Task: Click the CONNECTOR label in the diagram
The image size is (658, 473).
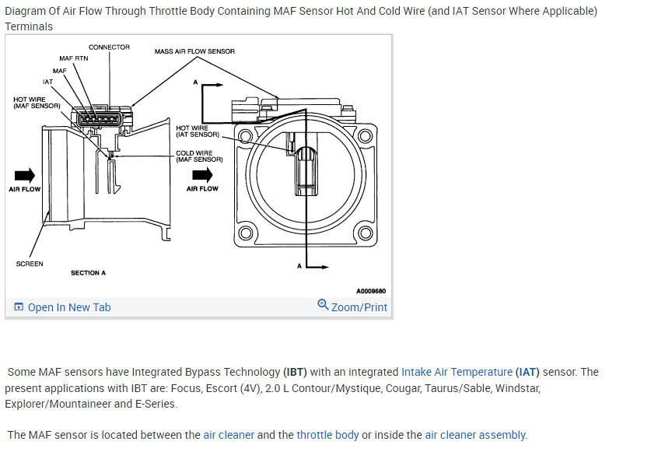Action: [109, 47]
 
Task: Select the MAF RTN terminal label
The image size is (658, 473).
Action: [74, 58]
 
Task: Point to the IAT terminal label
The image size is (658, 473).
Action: [48, 81]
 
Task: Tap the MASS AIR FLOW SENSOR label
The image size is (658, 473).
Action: [194, 51]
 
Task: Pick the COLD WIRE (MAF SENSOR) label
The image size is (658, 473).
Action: [199, 156]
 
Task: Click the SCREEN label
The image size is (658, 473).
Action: [30, 264]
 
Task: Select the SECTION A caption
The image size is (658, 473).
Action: [88, 273]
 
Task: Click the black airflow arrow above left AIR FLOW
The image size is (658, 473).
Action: [24, 174]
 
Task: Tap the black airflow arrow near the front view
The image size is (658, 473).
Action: [202, 174]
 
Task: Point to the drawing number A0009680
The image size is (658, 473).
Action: [371, 292]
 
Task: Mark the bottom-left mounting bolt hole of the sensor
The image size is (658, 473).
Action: [245, 233]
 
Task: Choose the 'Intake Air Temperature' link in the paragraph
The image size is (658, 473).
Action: [457, 372]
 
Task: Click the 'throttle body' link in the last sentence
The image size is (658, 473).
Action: [327, 435]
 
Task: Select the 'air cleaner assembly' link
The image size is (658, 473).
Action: [475, 435]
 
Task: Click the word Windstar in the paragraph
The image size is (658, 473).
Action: [517, 387]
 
